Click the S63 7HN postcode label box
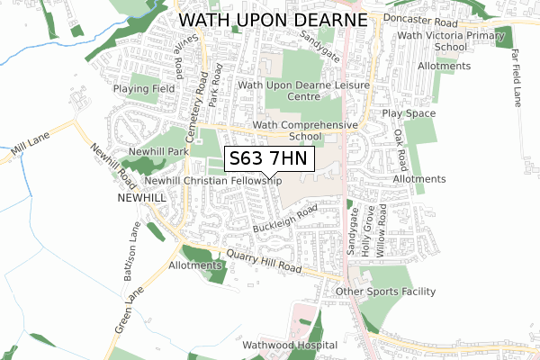click(269, 159)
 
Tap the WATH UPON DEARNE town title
click(274, 19)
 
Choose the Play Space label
click(409, 113)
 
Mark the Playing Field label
click(143, 89)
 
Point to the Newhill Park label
click(158, 152)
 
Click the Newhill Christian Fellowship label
click(206, 181)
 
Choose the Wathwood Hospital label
click(290, 345)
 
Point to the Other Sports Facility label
click(385, 292)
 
